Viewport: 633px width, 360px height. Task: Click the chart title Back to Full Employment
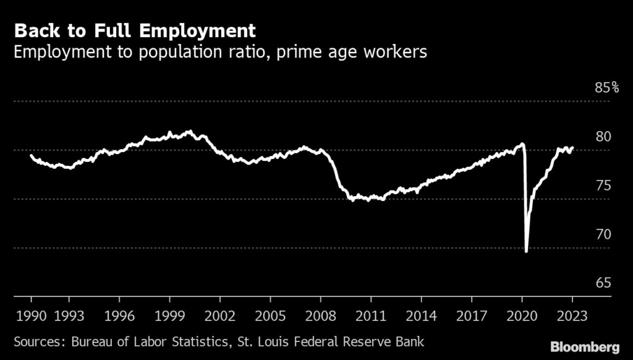(x=135, y=30)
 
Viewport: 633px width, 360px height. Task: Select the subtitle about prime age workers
(x=220, y=52)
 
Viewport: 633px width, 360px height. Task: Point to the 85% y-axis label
(x=606, y=88)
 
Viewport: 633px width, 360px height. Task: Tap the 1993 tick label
(x=69, y=315)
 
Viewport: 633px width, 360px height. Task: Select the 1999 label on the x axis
(x=169, y=315)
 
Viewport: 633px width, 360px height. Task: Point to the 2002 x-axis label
(x=219, y=315)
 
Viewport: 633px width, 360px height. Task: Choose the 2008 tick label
(x=320, y=315)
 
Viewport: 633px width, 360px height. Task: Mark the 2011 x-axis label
(x=370, y=315)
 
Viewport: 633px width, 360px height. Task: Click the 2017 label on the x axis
(x=471, y=315)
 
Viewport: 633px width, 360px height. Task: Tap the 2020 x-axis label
(x=521, y=315)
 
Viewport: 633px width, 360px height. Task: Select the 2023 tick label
(x=572, y=315)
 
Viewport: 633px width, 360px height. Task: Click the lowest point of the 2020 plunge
(x=526, y=251)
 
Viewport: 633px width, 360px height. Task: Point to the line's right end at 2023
(x=572, y=148)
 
